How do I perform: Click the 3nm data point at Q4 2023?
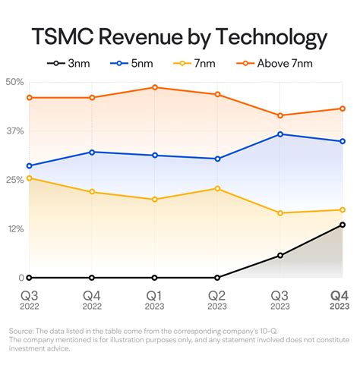343,225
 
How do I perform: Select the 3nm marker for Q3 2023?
280,256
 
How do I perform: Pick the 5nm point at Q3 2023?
280,134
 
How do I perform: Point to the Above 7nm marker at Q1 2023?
155,87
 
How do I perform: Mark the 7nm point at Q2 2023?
217,188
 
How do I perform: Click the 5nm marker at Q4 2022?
92,152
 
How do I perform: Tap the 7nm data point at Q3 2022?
29,178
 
